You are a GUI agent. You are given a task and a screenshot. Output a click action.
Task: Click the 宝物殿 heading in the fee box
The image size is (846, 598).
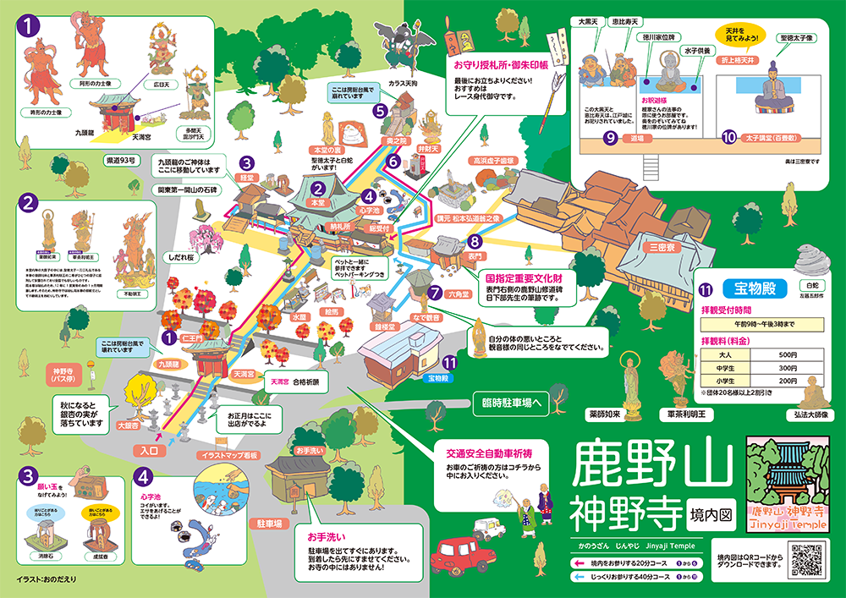[x=751, y=288]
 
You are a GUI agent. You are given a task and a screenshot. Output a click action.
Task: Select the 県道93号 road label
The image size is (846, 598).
[x=121, y=159]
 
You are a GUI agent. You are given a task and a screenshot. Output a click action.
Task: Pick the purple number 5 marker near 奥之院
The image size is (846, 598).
[x=381, y=110]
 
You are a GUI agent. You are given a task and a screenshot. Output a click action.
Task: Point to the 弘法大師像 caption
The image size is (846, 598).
[x=813, y=414]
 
